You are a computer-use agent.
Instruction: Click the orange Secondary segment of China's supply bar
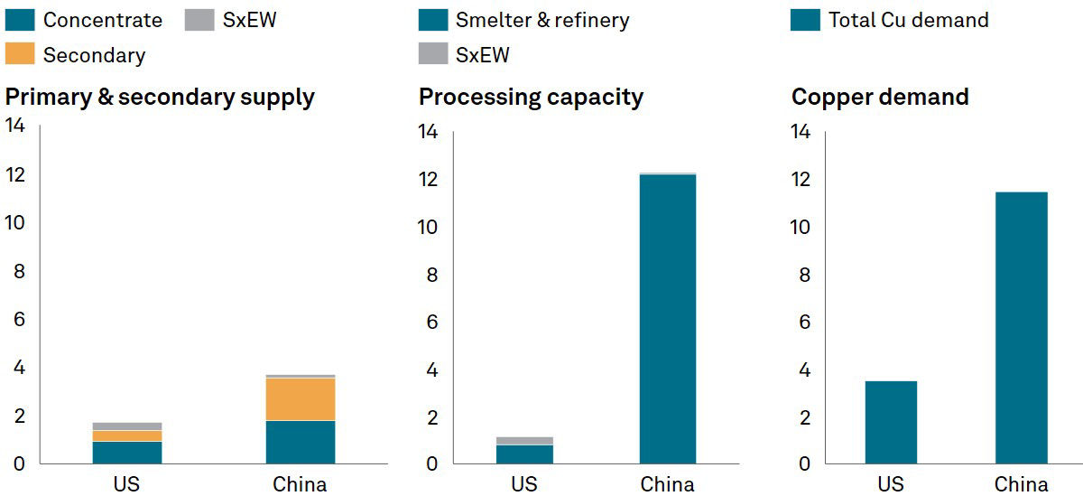300,399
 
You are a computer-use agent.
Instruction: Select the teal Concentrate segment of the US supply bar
127,452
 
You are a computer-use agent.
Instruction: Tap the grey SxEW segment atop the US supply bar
127,426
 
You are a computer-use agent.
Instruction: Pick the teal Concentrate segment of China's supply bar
300,442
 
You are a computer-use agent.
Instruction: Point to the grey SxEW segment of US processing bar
524,441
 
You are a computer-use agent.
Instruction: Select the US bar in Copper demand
891,422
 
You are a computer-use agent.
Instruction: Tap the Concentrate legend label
103,20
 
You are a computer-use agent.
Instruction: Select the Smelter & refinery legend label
542,20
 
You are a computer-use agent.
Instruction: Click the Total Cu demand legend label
908,20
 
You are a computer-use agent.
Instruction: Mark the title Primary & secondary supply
160,98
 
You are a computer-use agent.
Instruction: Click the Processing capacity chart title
531,98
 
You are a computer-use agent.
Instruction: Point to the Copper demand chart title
880,98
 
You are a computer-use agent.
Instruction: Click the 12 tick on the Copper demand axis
800,180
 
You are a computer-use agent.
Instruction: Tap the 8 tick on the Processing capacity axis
431,275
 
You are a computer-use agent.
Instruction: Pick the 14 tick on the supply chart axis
15,125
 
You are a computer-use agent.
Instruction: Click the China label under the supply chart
300,484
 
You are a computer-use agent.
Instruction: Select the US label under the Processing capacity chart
524,484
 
